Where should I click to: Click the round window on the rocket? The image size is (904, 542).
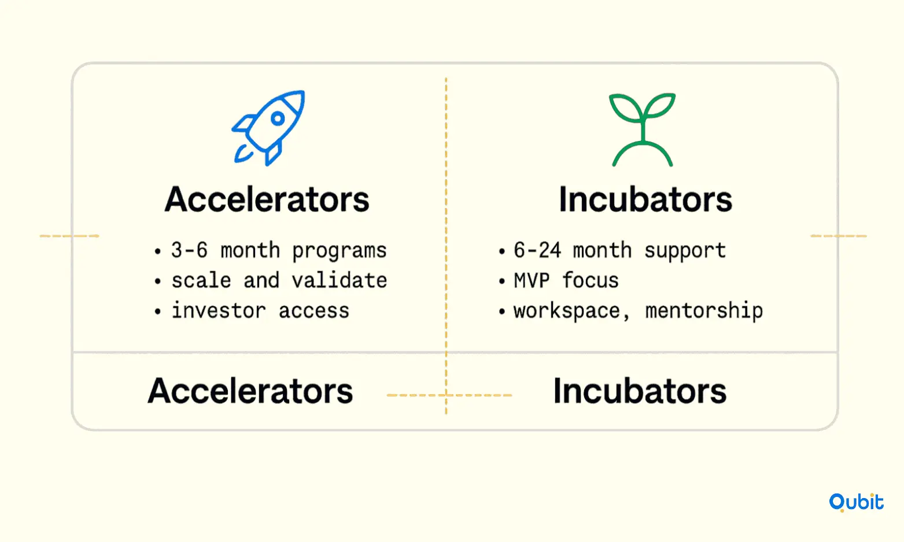coord(278,118)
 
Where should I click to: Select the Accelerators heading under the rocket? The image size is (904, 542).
coord(267,199)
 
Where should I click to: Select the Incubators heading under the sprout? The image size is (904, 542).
coord(645,199)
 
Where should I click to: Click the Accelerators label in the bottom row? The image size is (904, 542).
coord(250,391)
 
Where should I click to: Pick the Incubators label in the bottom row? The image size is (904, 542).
coord(640,391)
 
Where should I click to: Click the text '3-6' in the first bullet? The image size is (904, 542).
coord(189,250)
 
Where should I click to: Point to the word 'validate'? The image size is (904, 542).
coord(340,280)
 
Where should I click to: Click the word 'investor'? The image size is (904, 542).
coord(219,310)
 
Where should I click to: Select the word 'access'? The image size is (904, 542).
coord(314,311)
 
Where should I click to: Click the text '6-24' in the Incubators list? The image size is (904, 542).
coord(537,250)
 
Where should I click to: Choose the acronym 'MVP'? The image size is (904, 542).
coord(532,280)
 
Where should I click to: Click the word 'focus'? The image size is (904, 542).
coord(591,280)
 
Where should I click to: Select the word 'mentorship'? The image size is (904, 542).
coord(704,311)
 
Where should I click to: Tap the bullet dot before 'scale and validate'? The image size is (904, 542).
coord(157,281)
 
